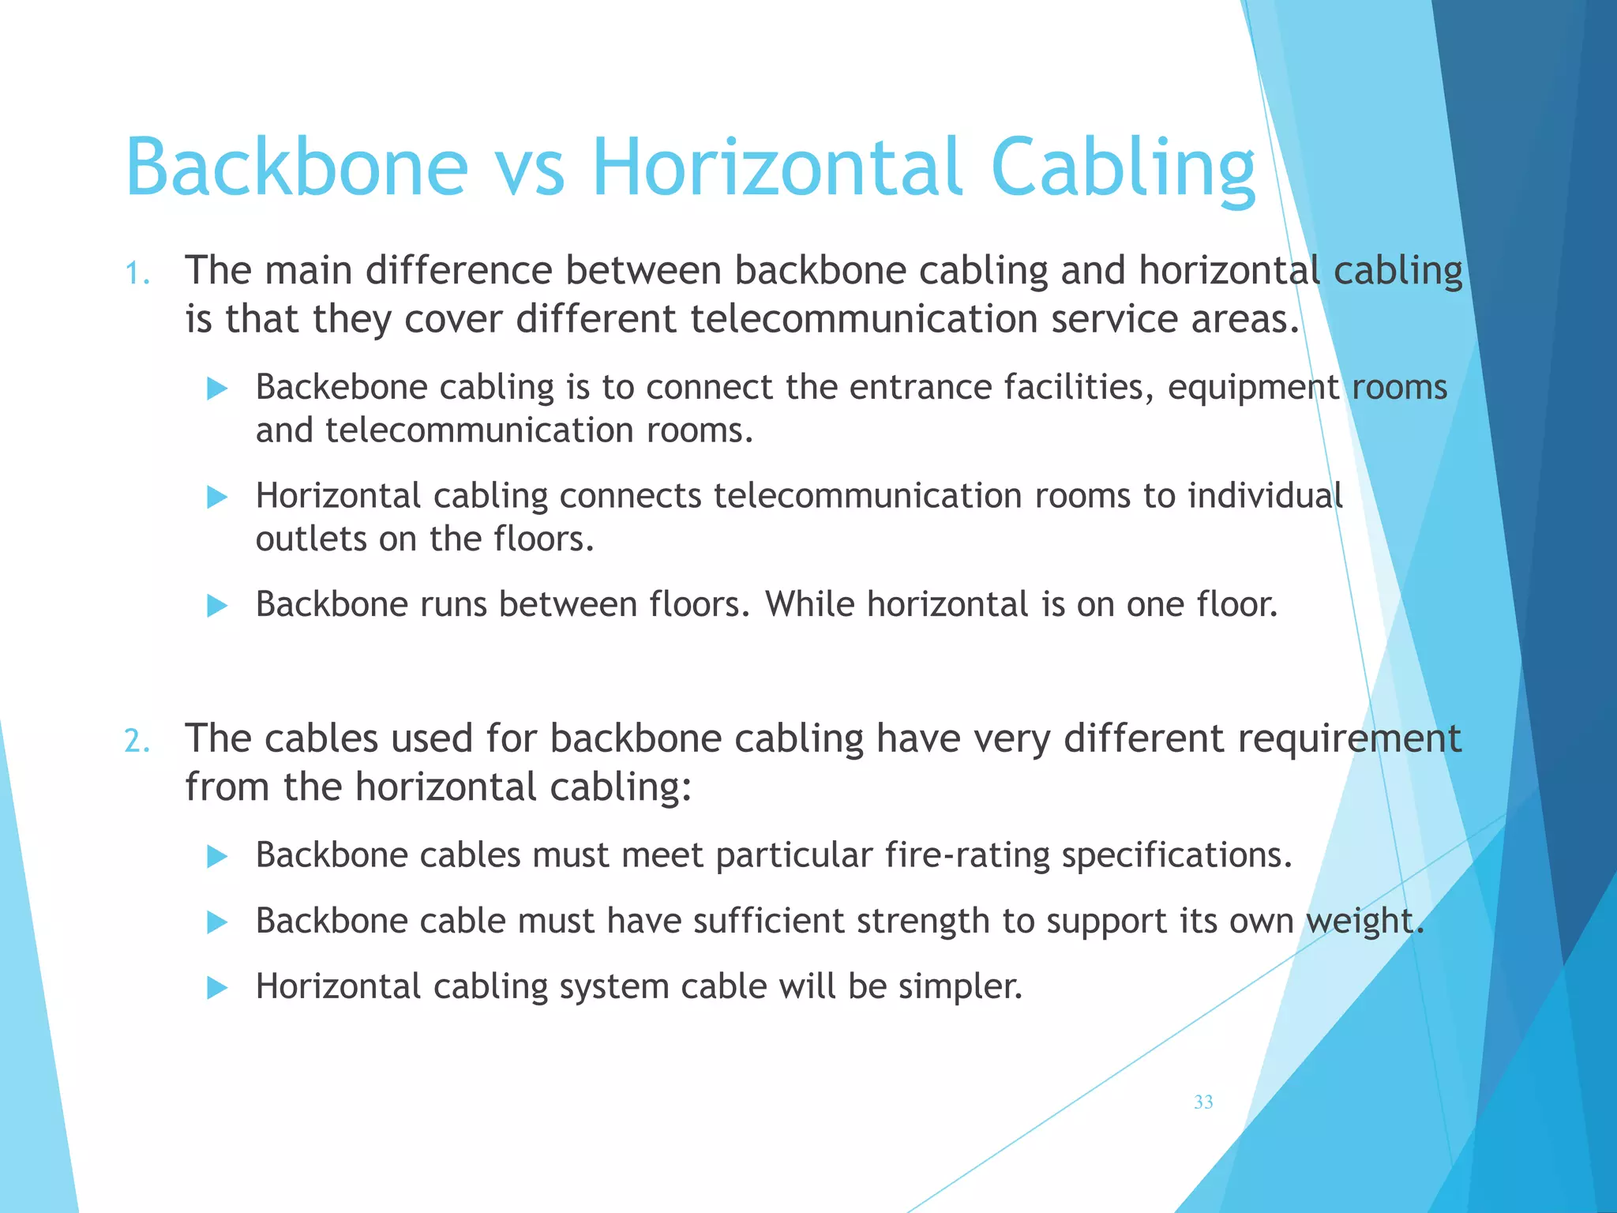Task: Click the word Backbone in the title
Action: [x=297, y=167]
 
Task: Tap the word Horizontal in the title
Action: [x=777, y=167]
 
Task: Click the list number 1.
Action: [x=137, y=274]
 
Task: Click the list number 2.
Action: [x=137, y=742]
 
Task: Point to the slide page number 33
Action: [x=1203, y=1102]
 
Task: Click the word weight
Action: [x=1364, y=922]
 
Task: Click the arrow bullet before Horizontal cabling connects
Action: [x=216, y=498]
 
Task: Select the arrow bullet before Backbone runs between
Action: [x=216, y=606]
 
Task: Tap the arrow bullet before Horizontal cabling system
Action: [x=216, y=987]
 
